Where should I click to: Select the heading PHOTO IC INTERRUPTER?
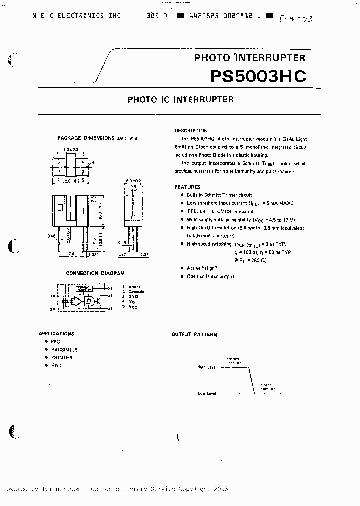[x=180, y=99]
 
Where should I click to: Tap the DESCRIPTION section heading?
[x=191, y=130]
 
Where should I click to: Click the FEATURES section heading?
[x=187, y=186]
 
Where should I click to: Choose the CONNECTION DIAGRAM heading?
[x=95, y=273]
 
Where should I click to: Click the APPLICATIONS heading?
[x=56, y=333]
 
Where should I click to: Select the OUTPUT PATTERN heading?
[x=194, y=334]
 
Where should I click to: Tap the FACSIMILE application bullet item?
[x=64, y=350]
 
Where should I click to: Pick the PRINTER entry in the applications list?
[x=62, y=358]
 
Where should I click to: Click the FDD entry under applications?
[x=56, y=366]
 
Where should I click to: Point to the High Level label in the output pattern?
[x=207, y=367]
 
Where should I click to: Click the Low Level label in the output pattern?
[x=207, y=394]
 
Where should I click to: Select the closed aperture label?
[x=267, y=386]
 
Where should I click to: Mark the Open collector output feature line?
[x=210, y=276]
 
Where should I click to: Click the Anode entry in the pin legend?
[x=134, y=287]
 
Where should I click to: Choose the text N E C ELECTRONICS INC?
[x=77, y=16]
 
